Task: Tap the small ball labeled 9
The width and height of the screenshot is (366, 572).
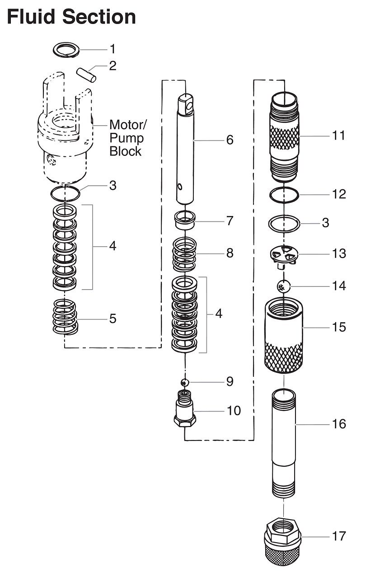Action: coord(184,382)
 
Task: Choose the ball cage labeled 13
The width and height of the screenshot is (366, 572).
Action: coord(284,255)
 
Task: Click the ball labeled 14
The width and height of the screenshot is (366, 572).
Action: coord(284,286)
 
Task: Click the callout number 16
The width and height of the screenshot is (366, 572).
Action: coord(338,424)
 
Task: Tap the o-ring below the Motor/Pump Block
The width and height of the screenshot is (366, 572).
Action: coord(65,193)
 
